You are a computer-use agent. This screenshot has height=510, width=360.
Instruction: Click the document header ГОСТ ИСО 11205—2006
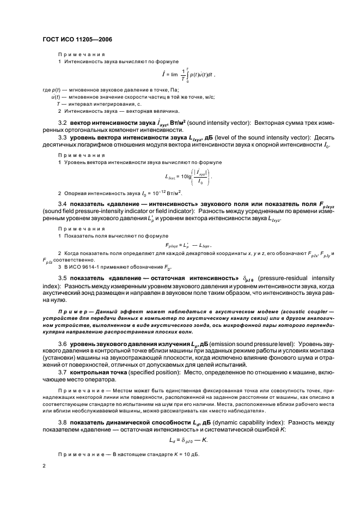78,39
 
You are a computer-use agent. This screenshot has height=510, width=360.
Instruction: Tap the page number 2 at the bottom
44,466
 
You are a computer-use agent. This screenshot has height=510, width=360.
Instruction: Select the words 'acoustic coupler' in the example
296,311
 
